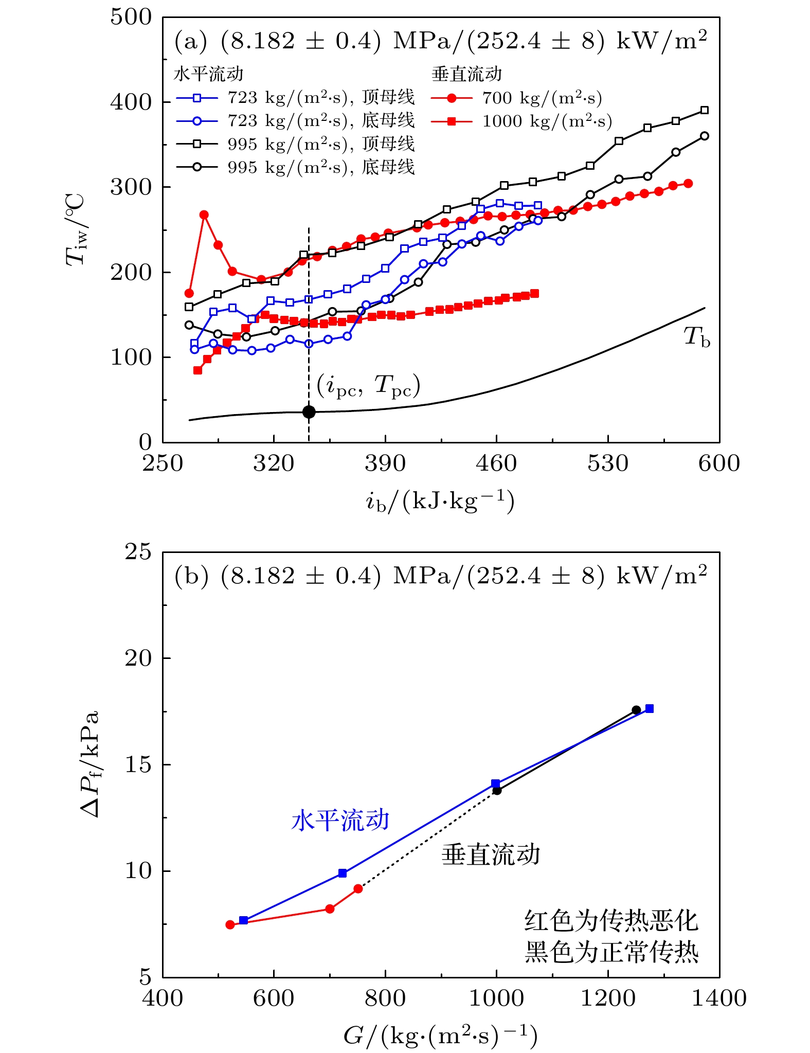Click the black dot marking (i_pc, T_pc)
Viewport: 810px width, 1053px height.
(309, 412)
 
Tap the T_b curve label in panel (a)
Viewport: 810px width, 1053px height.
(697, 337)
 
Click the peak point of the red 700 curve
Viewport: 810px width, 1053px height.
(204, 215)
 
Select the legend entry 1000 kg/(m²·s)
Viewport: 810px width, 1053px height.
(521, 121)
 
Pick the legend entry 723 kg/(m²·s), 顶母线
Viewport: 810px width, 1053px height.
(295, 97)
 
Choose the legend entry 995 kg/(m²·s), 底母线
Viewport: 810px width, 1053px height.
(295, 167)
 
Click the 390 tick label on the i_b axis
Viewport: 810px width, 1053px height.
(385, 463)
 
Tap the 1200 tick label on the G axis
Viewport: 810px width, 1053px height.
(608, 998)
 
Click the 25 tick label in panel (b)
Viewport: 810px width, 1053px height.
(139, 552)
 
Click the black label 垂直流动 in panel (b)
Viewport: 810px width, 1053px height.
(491, 854)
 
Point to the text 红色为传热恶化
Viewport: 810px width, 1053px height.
(611, 920)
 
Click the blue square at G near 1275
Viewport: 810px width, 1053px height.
(650, 708)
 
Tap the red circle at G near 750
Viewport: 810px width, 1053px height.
(358, 888)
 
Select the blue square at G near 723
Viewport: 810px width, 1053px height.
(343, 873)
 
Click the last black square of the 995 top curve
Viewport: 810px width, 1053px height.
(705, 110)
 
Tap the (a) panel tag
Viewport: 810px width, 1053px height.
(191, 41)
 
